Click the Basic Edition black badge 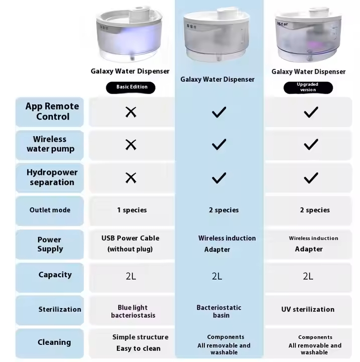130,87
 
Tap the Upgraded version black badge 308,87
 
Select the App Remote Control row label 52,111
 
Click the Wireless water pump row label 50,144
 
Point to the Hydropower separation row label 52,177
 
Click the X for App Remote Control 131,112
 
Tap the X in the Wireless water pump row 131,145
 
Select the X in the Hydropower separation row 131,178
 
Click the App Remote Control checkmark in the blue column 219,112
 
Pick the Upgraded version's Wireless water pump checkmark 311,145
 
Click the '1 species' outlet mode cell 132,210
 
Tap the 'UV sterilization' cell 308,310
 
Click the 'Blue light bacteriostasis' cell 133,312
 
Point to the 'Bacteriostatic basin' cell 219,312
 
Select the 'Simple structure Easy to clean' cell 139,343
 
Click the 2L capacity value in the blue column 217,276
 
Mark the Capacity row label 55,275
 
